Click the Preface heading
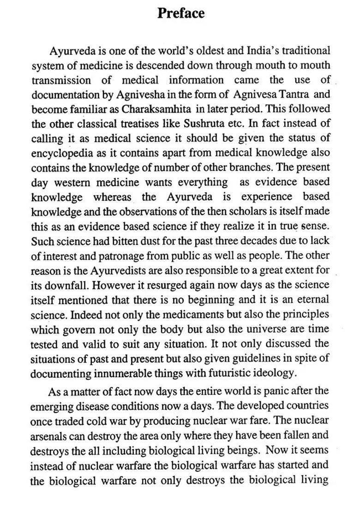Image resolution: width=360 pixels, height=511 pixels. click(181, 13)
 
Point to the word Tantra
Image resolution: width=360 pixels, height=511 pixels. click(296, 95)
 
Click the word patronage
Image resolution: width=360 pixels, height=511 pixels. click(122, 255)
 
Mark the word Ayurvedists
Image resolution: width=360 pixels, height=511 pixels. click(103, 270)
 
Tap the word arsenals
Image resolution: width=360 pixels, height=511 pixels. click(49, 435)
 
